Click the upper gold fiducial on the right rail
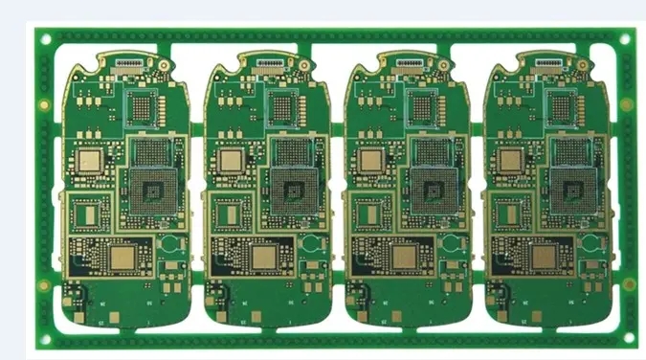626,103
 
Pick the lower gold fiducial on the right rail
628,283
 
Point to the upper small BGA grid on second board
285,107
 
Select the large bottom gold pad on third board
405,257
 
